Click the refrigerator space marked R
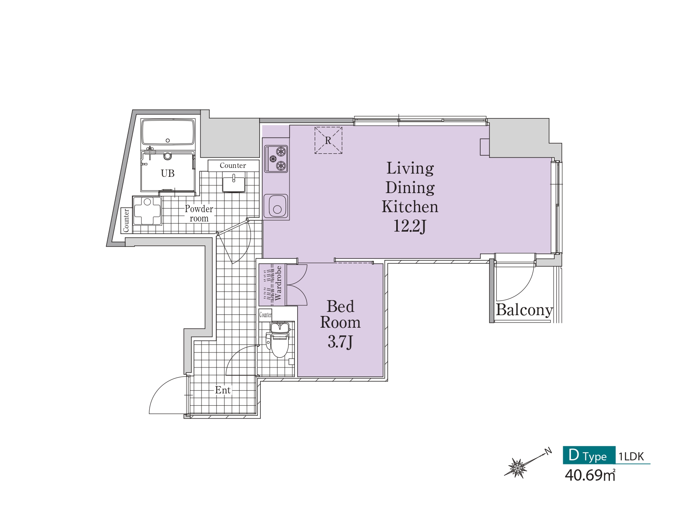click(328, 140)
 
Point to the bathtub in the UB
click(168, 132)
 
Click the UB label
click(167, 174)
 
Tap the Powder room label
click(199, 213)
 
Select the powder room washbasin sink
click(234, 182)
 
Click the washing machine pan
click(147, 211)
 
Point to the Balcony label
click(524, 310)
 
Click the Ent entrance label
click(223, 390)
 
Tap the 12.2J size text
click(410, 226)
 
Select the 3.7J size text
click(340, 342)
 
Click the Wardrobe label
click(278, 283)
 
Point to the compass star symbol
click(518, 468)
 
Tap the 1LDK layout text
click(631, 456)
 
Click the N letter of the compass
click(548, 451)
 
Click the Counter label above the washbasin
click(233, 165)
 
